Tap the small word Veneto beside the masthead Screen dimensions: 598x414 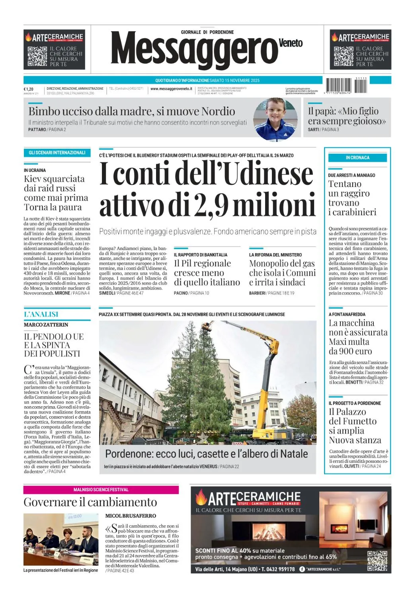(x=291, y=43)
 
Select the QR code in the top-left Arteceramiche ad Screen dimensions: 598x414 (x=37, y=56)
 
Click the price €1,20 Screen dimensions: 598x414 (x=29, y=89)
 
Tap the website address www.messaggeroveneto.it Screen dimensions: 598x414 (x=171, y=89)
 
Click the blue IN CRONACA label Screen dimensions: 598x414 (x=357, y=158)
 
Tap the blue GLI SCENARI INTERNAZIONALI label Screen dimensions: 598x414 (x=57, y=153)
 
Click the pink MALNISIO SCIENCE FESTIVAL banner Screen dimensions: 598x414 (x=101, y=490)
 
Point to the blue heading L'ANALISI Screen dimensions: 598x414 (x=41, y=315)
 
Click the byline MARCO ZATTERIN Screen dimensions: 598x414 (x=46, y=325)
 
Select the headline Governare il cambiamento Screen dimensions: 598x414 (x=90, y=502)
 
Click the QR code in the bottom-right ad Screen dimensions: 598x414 (x=377, y=561)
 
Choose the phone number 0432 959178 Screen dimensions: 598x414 (x=278, y=569)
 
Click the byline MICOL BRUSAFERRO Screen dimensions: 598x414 (x=131, y=516)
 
